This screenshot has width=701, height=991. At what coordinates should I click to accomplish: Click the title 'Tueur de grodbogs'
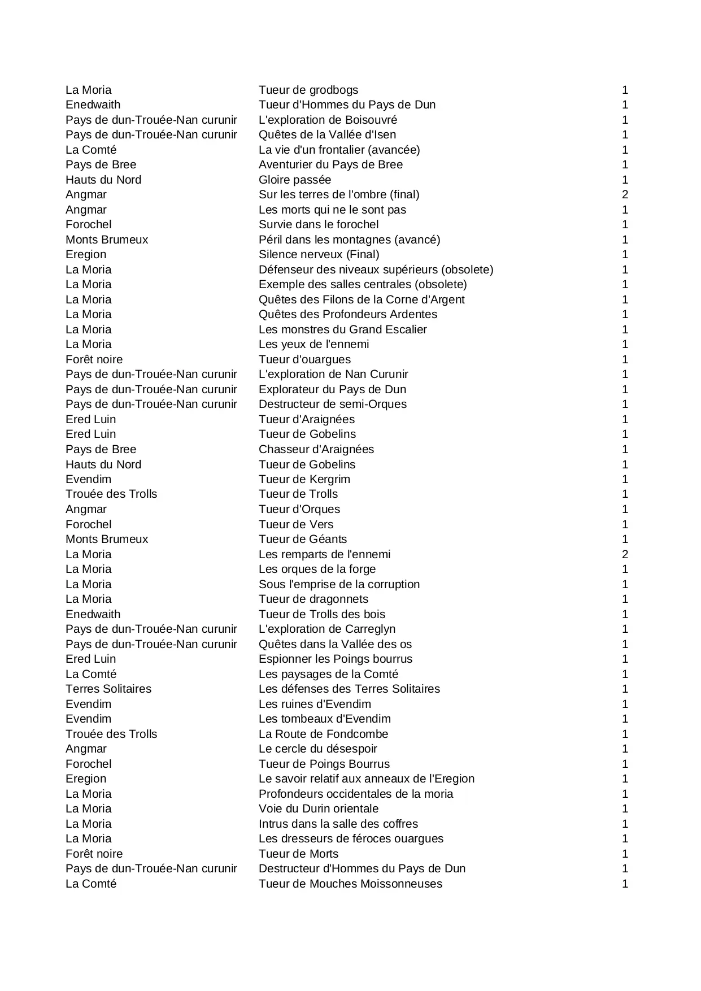point(308,90)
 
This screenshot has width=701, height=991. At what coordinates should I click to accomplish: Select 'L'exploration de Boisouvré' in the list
point(328,120)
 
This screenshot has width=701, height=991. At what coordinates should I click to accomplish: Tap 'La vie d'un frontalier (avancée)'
point(339,150)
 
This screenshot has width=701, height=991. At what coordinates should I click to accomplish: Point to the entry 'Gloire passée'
point(295,180)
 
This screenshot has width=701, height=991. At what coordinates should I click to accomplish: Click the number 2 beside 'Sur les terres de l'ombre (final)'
point(625,194)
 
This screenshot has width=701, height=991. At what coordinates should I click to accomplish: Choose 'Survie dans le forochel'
point(319,224)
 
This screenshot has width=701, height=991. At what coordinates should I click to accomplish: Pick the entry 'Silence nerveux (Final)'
point(319,254)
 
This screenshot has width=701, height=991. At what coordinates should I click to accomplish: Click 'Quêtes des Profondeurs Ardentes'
point(348,314)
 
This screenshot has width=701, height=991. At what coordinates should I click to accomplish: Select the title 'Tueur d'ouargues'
point(304,359)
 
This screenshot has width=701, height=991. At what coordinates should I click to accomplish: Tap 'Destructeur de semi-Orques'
point(333,404)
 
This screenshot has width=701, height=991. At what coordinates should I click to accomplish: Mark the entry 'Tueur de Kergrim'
point(304,479)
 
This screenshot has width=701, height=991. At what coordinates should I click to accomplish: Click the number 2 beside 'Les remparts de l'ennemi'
point(625,554)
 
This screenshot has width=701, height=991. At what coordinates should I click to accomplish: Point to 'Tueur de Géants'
point(303,539)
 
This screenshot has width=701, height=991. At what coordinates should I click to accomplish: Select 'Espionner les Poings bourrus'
point(336,659)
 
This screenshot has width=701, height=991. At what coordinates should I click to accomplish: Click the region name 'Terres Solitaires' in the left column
point(108,689)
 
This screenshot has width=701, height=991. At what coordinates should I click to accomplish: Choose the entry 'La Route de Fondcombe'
point(324,734)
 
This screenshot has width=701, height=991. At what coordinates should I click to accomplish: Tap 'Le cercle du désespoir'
point(318,749)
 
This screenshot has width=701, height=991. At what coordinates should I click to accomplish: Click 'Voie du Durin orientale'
point(319,809)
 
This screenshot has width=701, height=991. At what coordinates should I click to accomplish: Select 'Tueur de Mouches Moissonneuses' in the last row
point(350,884)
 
